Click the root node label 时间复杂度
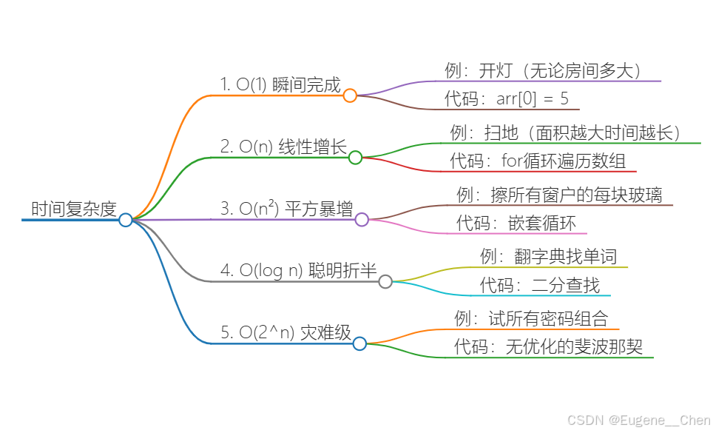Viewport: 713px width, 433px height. (74, 209)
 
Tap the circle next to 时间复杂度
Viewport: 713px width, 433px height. (126, 220)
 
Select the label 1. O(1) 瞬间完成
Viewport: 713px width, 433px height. (280, 84)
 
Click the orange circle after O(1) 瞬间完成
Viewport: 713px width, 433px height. (350, 95)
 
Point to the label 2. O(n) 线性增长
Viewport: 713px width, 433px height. (283, 147)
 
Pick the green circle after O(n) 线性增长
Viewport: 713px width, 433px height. (355, 157)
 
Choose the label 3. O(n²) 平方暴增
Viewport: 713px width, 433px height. (287, 209)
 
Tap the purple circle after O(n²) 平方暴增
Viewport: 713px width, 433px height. (362, 219)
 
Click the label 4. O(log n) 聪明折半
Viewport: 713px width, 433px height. (299, 270)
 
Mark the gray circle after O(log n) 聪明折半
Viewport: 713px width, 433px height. (385, 281)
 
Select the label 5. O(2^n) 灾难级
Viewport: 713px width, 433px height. (285, 332)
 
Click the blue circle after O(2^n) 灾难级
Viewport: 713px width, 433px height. (359, 343)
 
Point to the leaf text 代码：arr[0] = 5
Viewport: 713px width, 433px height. (507, 98)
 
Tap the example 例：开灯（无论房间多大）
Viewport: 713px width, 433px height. (542, 70)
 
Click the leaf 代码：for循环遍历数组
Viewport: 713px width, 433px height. (542, 160)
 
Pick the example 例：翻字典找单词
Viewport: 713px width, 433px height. (548, 257)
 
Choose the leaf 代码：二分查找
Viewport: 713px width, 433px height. (540, 285)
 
